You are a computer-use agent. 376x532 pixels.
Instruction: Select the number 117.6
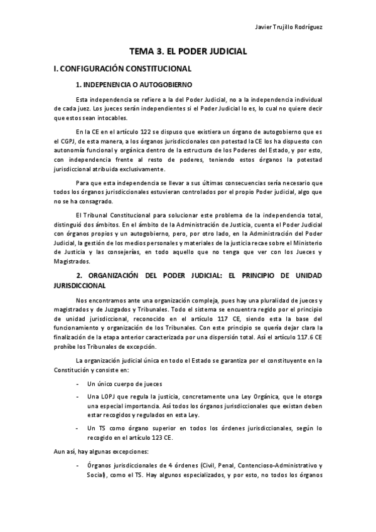click(x=301, y=336)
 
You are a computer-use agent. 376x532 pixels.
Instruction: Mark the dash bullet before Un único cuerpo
click(x=77, y=383)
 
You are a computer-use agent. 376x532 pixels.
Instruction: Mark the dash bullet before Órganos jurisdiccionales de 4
click(x=77, y=466)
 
